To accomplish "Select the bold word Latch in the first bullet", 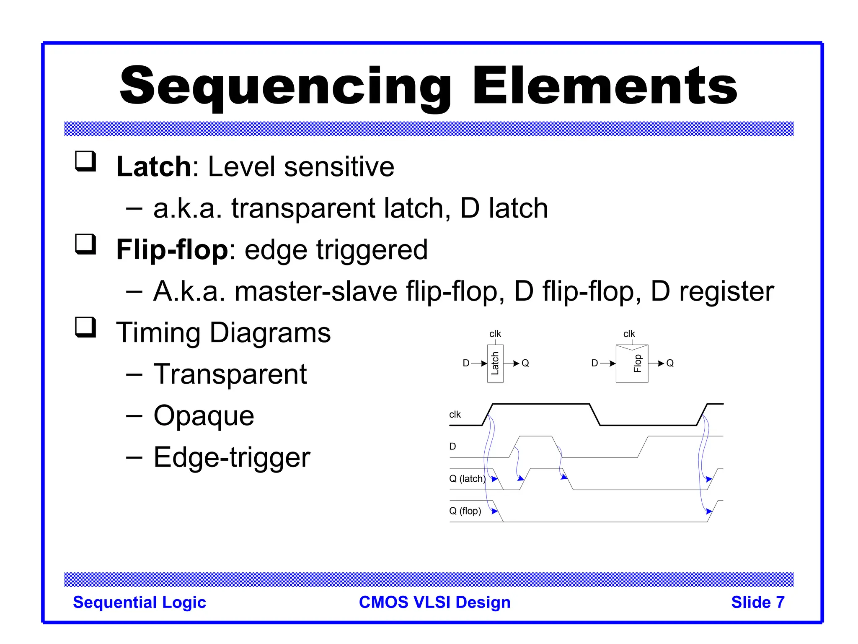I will click(154, 166).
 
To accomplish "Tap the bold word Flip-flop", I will click(172, 249).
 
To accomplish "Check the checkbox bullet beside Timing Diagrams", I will click(85, 327).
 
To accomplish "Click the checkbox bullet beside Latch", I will click(85, 161).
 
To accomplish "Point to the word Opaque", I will click(204, 415).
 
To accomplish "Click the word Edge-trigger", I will click(232, 457).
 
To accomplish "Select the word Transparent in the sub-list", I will click(230, 374).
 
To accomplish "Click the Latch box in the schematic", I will click(495, 364).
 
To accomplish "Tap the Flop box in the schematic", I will click(632, 364).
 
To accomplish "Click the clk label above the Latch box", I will click(495, 334).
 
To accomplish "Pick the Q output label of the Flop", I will click(670, 363).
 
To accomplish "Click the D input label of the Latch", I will click(466, 363).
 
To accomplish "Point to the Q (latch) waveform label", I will click(467, 478).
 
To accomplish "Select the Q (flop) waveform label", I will click(465, 511).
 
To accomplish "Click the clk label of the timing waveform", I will click(455, 415).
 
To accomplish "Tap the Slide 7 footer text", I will click(757, 602).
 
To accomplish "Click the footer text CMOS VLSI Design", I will click(434, 602).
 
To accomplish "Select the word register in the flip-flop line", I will click(726, 291).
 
